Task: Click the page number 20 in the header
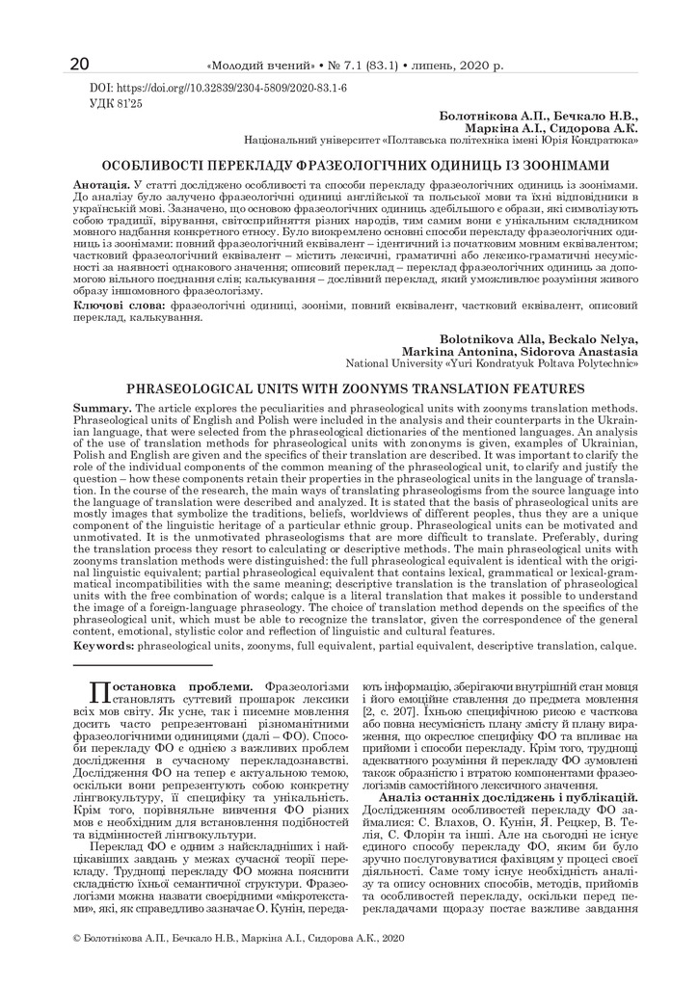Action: pos(80,65)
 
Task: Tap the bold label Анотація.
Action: pos(102,183)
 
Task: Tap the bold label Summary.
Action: pos(103,409)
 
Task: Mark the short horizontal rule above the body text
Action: pos(144,664)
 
